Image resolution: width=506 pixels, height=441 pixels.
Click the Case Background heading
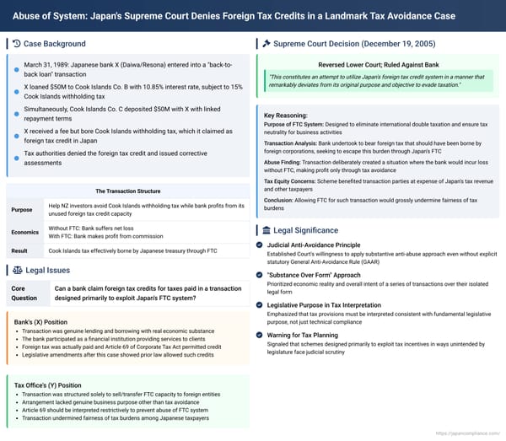tap(55, 44)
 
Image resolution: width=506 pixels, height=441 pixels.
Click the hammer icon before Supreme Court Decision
tap(266, 44)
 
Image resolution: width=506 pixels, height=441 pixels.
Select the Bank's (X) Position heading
tap(42, 322)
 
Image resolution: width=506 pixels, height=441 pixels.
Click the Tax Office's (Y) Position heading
tap(47, 385)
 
